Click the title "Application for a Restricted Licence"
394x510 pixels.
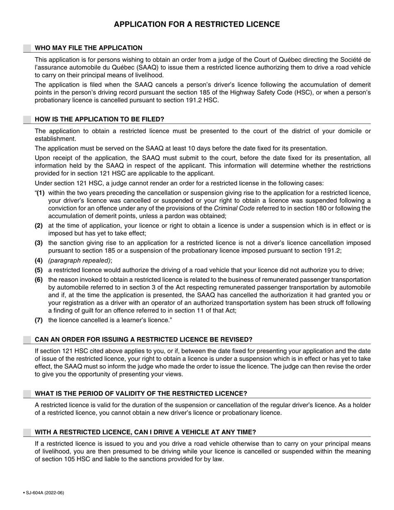[197, 24]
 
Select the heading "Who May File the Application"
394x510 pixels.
[88, 48]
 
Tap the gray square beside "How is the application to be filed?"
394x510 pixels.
[27, 119]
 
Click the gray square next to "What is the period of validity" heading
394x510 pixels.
[27, 393]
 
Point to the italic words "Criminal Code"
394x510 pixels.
[234, 209]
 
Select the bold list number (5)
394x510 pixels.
[39, 270]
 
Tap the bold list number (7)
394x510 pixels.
[39, 320]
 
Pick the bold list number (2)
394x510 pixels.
[39, 226]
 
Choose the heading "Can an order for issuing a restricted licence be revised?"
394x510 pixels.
[143, 340]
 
